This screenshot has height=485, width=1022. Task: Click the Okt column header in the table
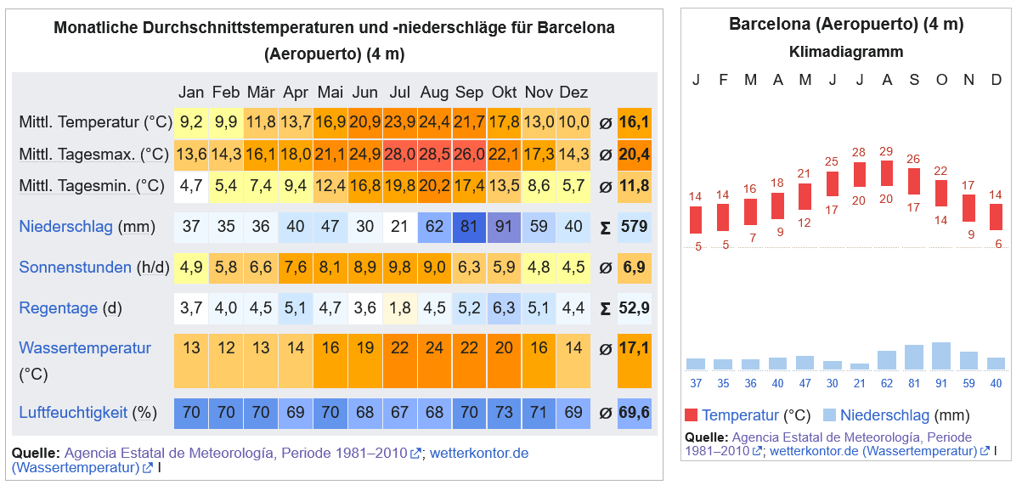pos(504,92)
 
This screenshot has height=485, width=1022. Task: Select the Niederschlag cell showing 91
pos(504,227)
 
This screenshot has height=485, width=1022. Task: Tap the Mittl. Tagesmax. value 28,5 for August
pos(434,155)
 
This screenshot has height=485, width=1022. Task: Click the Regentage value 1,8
pos(399,307)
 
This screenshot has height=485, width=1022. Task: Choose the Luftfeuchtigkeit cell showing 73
pos(504,413)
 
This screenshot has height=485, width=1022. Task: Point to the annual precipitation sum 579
pos(634,227)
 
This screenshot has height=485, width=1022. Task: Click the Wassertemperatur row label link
pos(85,347)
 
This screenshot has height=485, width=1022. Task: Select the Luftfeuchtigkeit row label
pos(73,413)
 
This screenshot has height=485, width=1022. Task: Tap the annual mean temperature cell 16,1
pos(634,122)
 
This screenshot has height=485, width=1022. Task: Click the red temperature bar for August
pos(887,172)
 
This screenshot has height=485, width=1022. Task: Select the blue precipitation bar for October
pos(941,355)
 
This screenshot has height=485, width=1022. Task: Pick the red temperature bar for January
pos(696,220)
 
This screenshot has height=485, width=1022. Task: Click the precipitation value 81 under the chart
pos(914,383)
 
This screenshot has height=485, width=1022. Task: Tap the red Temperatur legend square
pos(692,415)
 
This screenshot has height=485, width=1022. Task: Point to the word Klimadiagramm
pos(846,52)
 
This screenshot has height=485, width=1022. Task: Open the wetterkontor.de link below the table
pos(479,453)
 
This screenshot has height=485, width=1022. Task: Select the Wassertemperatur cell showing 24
pos(434,347)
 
